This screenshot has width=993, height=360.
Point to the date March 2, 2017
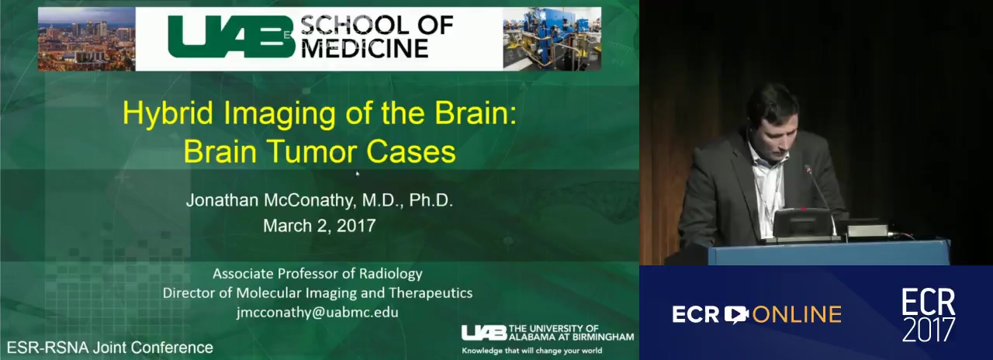[319, 226]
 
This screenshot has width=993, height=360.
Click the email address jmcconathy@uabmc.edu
[317, 312]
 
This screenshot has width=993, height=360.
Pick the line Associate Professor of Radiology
[317, 274]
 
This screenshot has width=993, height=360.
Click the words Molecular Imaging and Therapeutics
[355, 293]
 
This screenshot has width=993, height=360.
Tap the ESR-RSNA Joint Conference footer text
[110, 347]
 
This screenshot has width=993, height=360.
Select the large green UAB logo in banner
[231, 37]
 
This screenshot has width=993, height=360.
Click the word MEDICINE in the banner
[365, 48]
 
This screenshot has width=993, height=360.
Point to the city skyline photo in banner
[86, 39]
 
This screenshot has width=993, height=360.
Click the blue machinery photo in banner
[552, 39]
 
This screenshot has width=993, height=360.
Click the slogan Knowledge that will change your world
[532, 351]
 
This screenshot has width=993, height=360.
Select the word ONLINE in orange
[797, 315]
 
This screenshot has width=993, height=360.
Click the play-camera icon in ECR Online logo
[736, 315]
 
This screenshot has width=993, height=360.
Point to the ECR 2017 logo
[929, 315]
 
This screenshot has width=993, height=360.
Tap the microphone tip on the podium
[808, 169]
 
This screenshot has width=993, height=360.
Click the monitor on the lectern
[803, 224]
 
